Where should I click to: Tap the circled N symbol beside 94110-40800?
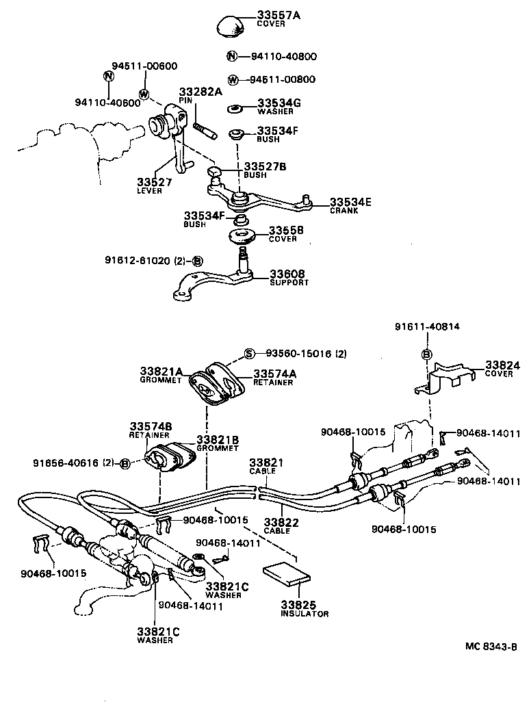[x=232, y=57]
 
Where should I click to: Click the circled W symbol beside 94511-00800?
[x=232, y=79]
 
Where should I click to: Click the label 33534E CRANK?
[x=351, y=205]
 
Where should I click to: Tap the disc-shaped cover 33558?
[x=242, y=236]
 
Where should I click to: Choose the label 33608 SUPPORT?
[x=289, y=277]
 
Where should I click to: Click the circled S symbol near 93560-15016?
[x=250, y=354]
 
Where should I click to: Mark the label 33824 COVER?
[x=502, y=369]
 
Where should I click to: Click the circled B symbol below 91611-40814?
[x=426, y=354]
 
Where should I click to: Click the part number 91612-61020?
[x=139, y=261]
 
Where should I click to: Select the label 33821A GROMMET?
[x=161, y=374]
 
